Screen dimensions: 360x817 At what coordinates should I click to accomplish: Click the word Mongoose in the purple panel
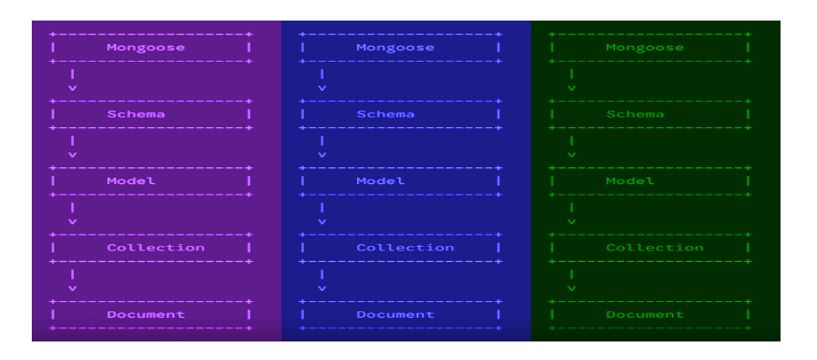[145, 47]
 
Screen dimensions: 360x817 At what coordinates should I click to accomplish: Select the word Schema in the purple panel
[136, 114]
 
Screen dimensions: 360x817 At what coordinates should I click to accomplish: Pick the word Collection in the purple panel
[155, 248]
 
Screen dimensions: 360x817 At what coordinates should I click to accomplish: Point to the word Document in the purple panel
[145, 314]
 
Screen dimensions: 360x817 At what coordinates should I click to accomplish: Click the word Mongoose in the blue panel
[395, 47]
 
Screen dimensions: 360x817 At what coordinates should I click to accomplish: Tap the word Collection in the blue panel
[405, 248]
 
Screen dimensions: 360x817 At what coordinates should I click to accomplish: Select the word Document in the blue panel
[395, 314]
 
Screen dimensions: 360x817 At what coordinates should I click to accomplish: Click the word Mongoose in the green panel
[645, 47]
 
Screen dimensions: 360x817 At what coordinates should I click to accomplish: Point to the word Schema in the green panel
[635, 114]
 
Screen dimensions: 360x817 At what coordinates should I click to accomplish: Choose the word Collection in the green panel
[654, 248]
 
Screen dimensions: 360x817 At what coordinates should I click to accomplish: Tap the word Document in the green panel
[645, 314]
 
